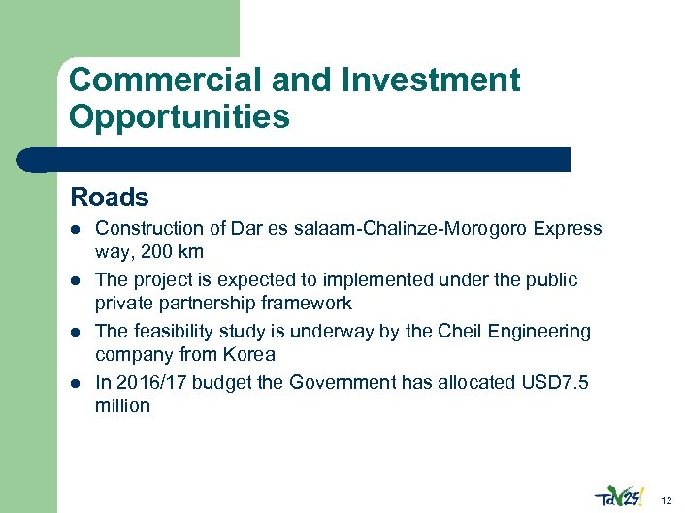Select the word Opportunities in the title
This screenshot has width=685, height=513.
tap(179, 117)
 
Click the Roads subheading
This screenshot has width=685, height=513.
tap(110, 198)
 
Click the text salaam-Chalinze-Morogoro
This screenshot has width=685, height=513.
tap(411, 229)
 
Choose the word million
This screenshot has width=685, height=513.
tap(122, 405)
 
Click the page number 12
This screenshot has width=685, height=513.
tap(666, 500)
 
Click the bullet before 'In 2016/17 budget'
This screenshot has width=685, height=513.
tap(75, 383)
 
